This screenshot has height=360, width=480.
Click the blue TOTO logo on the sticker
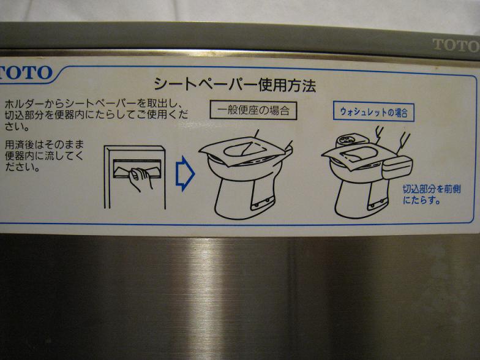25,73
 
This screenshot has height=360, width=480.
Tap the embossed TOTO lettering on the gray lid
456,45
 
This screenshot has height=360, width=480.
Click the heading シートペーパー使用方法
235,84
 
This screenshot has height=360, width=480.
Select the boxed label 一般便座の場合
253,110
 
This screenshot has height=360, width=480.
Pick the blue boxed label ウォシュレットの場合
373,112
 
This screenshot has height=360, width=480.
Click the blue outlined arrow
185,174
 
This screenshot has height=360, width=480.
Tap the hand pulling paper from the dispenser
140,178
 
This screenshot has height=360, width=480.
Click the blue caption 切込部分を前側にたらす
432,195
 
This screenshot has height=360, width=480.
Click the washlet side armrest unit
397,167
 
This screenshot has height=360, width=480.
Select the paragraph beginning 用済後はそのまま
44,156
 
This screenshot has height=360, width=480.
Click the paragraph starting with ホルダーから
96,115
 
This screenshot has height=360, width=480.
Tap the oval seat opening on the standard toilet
239,151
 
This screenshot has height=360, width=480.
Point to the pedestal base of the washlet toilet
361,197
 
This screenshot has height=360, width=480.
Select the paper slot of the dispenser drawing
137,168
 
